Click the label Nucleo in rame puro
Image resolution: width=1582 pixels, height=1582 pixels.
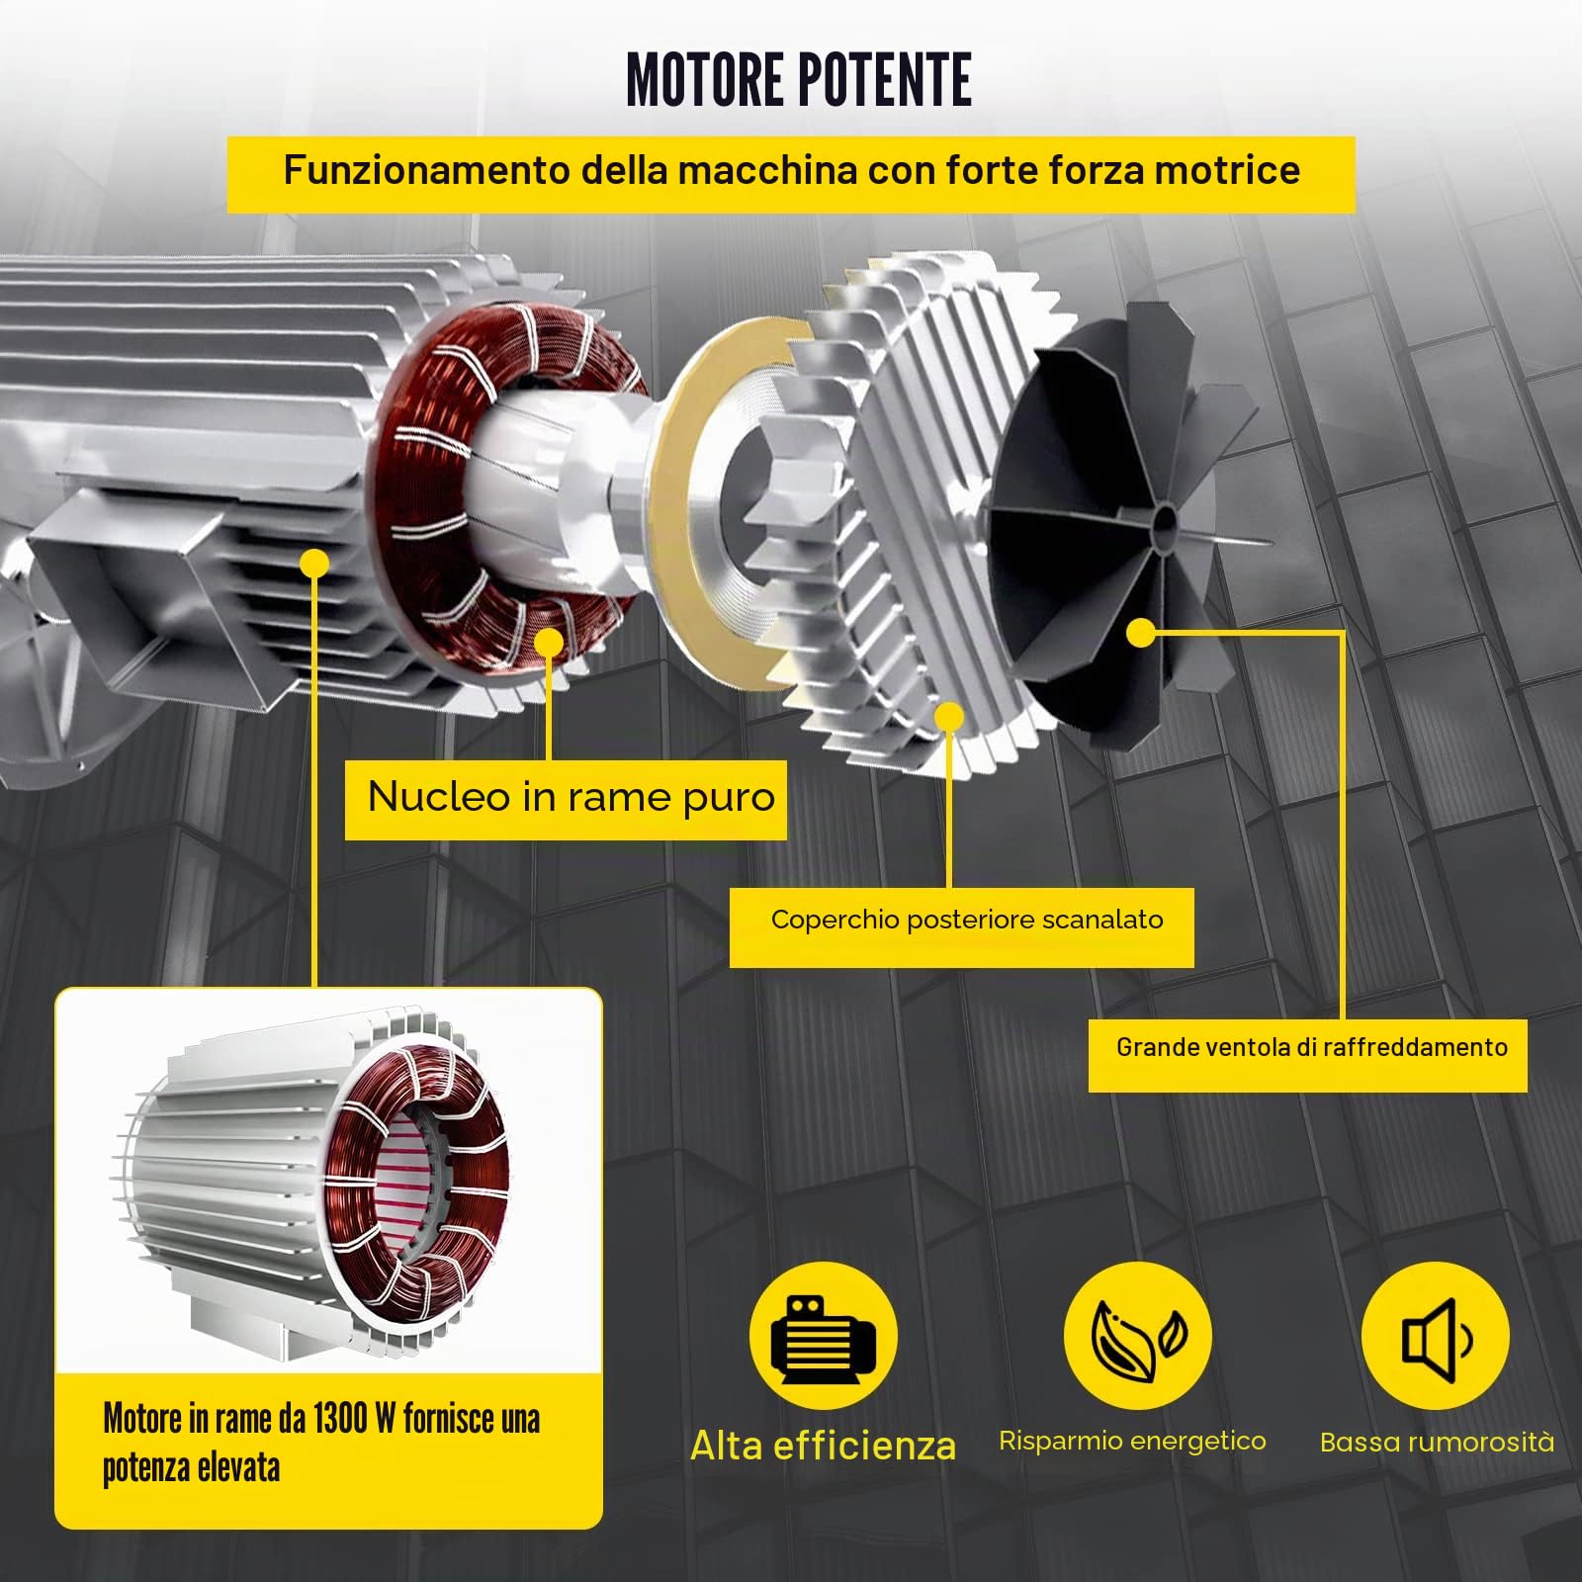tap(571, 797)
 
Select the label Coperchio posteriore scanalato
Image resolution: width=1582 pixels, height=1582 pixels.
tap(967, 921)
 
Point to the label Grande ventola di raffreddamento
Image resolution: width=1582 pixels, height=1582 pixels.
tap(1312, 1048)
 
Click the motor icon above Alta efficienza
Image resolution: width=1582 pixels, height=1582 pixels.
tap(823, 1337)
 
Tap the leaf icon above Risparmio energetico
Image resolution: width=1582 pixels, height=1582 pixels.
tap(1138, 1337)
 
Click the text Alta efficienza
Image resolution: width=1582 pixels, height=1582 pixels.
tap(824, 1446)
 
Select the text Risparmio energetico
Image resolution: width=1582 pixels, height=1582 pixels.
tap(1132, 1442)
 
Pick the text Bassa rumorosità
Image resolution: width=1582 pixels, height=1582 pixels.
tap(1437, 1443)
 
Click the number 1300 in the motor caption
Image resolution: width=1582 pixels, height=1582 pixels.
tap(339, 1419)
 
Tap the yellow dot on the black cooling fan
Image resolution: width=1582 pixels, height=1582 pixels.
tap(1140, 633)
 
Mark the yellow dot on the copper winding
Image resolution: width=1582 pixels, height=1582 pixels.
tap(548, 644)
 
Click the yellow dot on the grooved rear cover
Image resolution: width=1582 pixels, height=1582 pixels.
tap(949, 717)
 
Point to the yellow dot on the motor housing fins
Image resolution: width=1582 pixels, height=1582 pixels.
tap(313, 565)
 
